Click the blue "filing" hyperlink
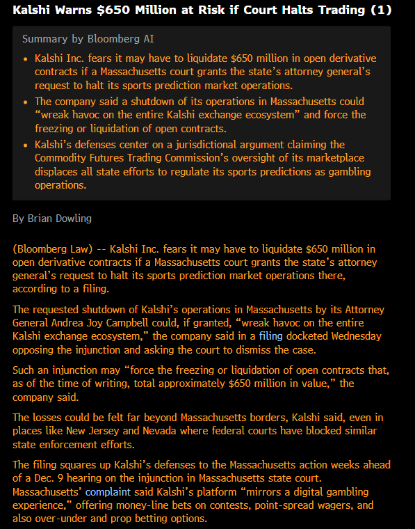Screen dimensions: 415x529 (x=270, y=335)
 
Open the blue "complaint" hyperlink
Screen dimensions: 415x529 (x=108, y=491)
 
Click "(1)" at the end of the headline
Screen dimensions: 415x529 (x=383, y=10)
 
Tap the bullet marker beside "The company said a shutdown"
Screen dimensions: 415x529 (x=26, y=102)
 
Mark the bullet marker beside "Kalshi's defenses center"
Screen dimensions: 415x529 (x=26, y=145)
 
